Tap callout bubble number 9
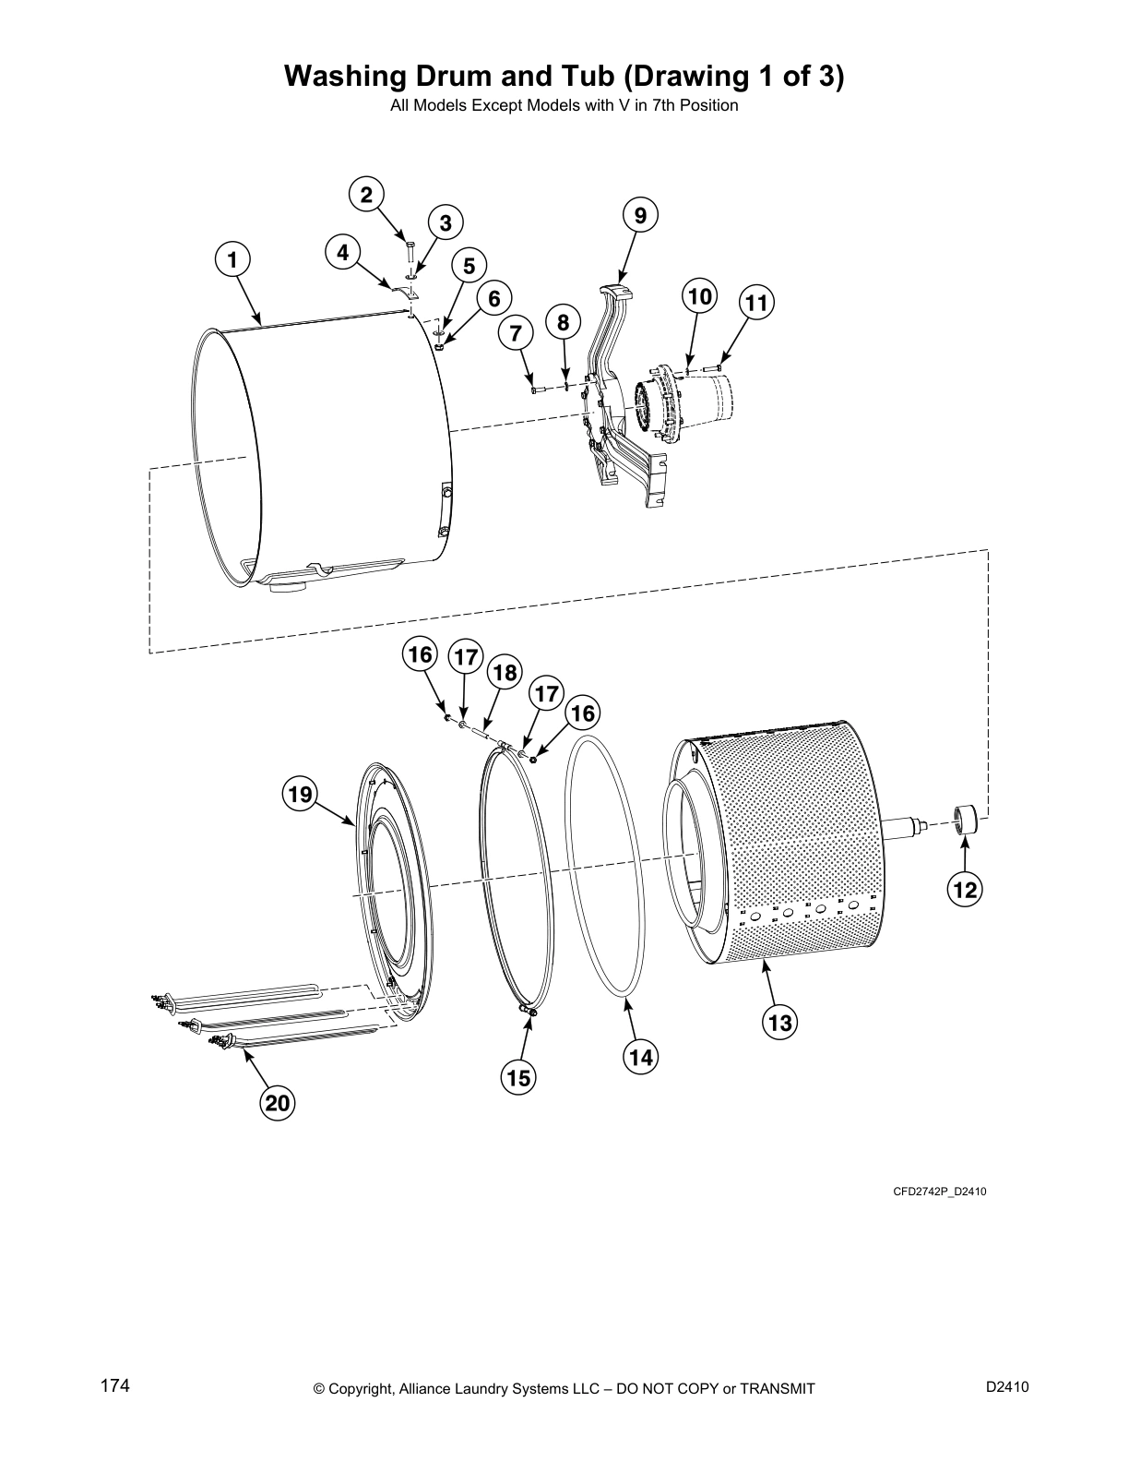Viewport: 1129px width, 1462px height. pos(641,216)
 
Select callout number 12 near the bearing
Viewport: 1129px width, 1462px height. pos(966,890)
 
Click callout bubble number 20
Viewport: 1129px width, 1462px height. pos(278,1103)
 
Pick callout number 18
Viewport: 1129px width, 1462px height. pos(505,672)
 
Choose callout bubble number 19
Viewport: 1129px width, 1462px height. pos(301,794)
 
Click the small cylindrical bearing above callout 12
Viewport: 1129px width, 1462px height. pos(965,819)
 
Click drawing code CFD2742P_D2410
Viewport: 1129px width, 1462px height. pos(939,1192)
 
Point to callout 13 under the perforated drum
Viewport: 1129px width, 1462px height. pos(779,1023)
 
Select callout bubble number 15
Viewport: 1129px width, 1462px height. pos(518,1077)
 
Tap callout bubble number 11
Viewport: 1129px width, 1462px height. pos(756,303)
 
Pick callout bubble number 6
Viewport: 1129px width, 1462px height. pos(494,298)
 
